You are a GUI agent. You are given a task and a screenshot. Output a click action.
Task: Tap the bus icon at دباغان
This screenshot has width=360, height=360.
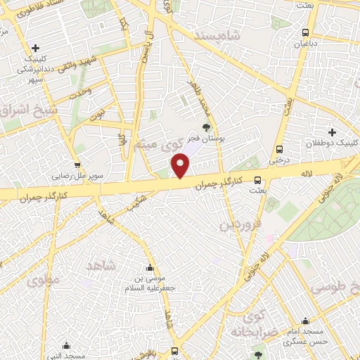(x=304, y=33)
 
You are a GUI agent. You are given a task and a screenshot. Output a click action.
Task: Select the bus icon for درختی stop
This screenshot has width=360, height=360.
(x=280, y=149)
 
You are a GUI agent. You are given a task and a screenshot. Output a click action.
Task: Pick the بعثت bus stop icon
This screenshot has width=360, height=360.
(x=258, y=179)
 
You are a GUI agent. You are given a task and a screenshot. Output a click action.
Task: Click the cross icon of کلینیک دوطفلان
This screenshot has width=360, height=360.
(x=332, y=132)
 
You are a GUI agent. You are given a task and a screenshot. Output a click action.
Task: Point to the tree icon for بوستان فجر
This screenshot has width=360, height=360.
(x=206, y=127)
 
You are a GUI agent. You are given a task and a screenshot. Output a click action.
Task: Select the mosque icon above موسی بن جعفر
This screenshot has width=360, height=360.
(x=149, y=268)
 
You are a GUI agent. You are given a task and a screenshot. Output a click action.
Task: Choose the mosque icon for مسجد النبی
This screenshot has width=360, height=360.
(x=67, y=345)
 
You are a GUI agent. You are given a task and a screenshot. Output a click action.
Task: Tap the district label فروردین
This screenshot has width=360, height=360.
(x=241, y=224)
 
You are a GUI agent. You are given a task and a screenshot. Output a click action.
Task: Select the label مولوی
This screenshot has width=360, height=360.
(x=44, y=278)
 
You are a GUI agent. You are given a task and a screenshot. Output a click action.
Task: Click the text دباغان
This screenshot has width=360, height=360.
(x=305, y=44)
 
